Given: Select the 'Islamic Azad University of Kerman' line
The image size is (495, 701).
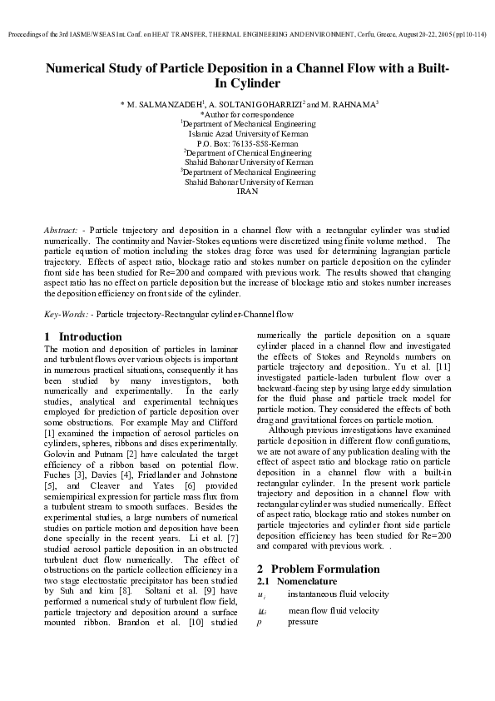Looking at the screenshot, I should (x=248, y=133).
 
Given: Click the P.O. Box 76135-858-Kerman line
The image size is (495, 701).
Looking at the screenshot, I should (x=248, y=143).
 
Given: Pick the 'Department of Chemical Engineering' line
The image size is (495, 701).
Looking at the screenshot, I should (x=249, y=153).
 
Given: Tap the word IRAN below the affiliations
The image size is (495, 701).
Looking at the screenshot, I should (x=248, y=191).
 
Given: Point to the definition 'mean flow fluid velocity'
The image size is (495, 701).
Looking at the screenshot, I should (x=333, y=610).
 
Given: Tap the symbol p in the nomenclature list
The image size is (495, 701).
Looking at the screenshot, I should (x=260, y=621).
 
